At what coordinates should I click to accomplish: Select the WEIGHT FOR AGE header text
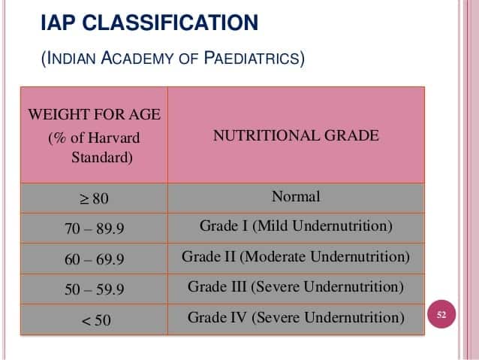[x=95, y=115]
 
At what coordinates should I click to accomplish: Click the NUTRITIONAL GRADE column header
[x=296, y=136]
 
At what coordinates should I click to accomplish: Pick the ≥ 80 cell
[x=95, y=199]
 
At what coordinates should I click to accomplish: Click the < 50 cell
[x=95, y=320]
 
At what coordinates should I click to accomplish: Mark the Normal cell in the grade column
[x=296, y=197]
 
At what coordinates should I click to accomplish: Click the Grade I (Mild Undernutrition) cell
[x=296, y=225]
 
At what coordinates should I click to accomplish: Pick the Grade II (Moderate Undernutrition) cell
[x=296, y=256]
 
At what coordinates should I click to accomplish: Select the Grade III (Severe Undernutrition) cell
[x=296, y=286]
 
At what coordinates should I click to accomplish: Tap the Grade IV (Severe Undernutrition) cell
[x=296, y=317]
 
